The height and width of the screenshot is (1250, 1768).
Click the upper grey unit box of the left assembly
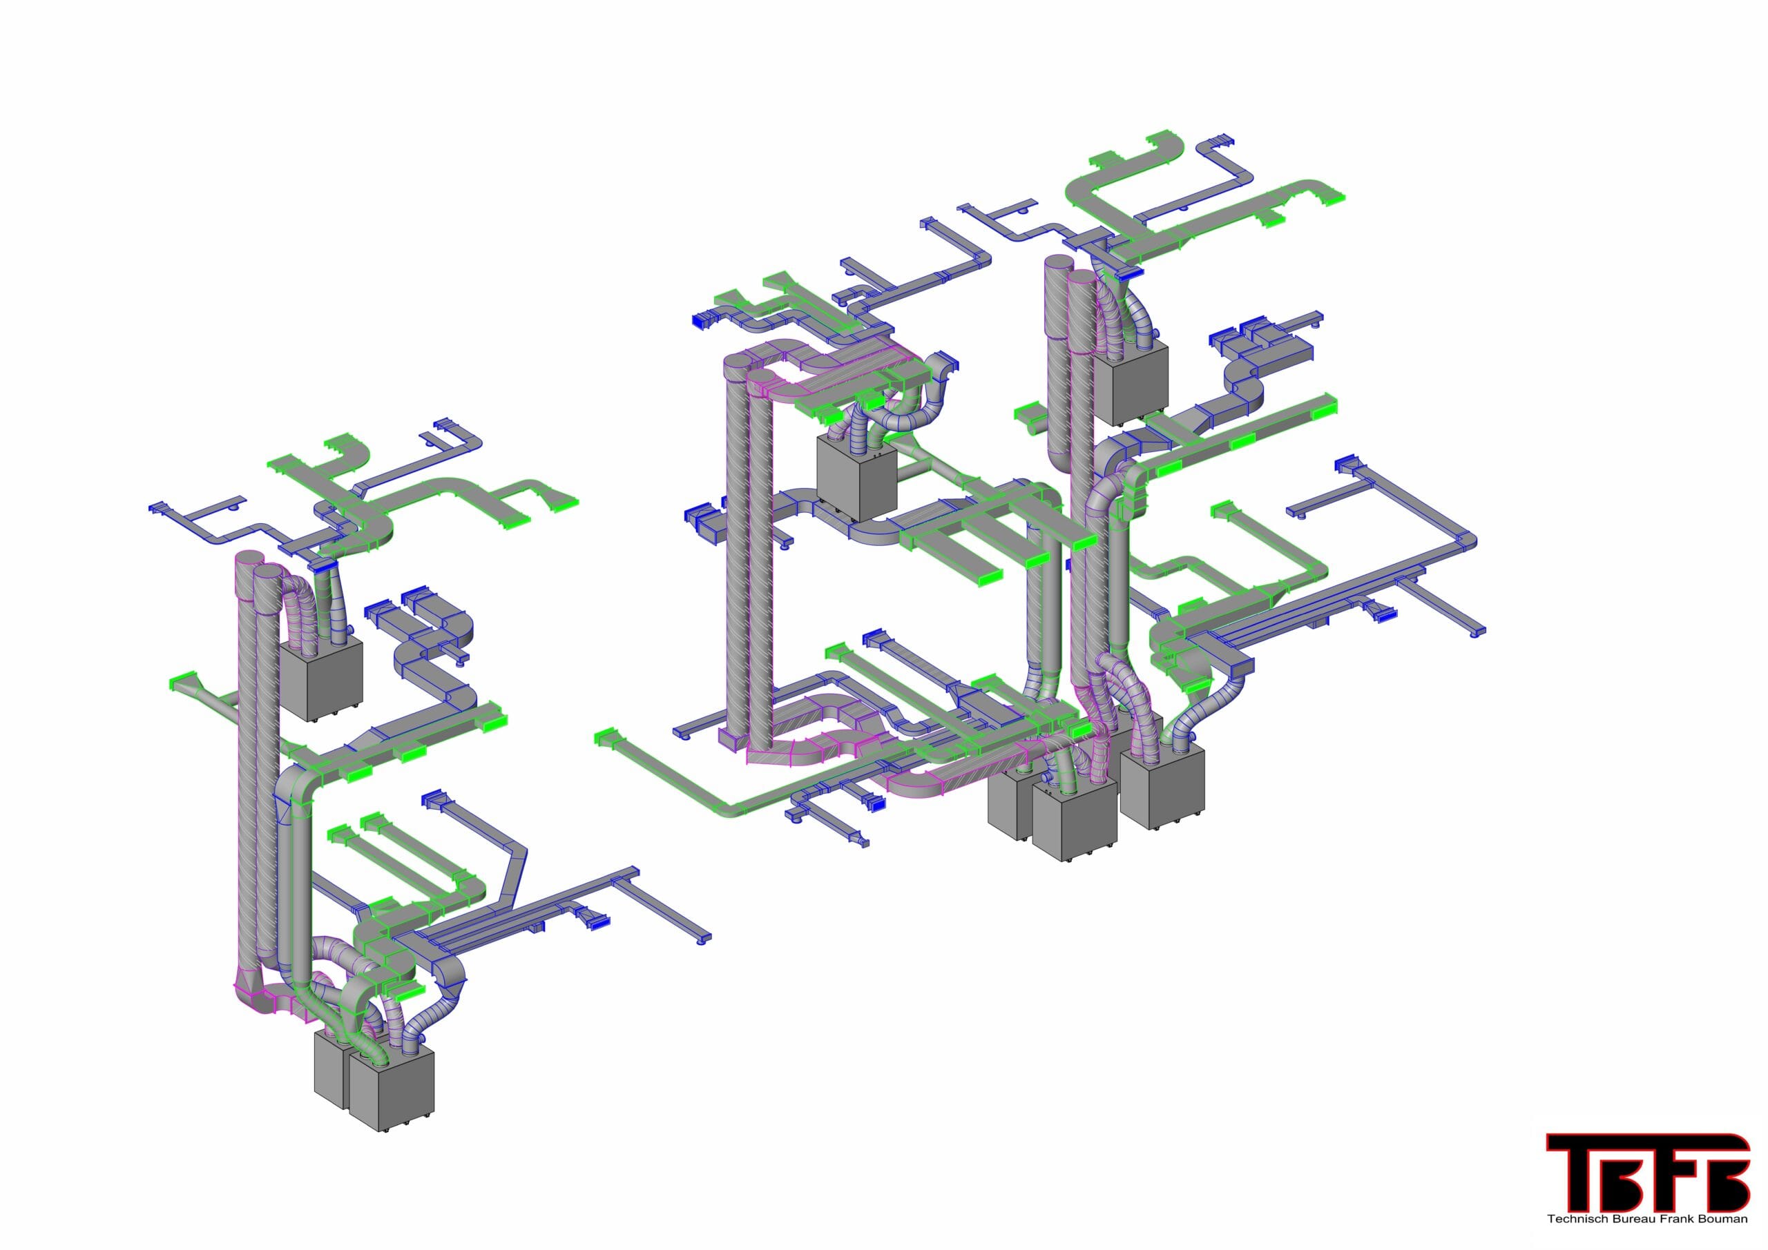point(320,679)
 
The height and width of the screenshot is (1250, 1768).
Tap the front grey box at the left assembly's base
point(391,1089)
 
